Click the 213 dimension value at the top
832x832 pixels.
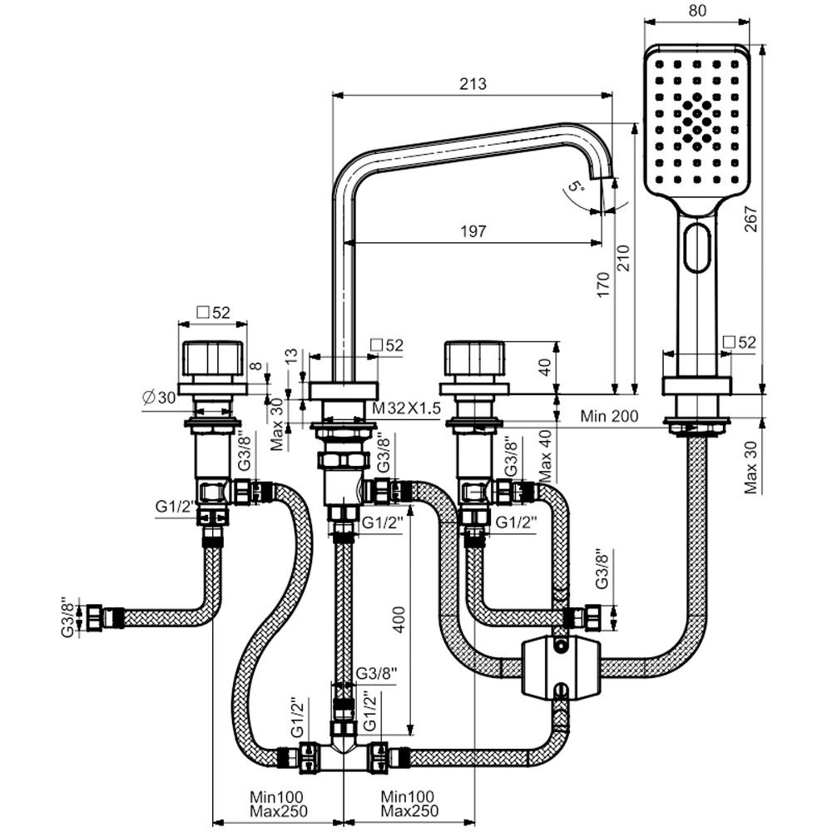[472, 83]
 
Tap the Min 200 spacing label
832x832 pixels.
[611, 415]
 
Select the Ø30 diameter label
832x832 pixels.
[160, 399]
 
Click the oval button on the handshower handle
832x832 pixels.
[697, 248]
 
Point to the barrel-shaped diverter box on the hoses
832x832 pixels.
[558, 667]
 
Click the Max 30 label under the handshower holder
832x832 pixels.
[753, 467]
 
